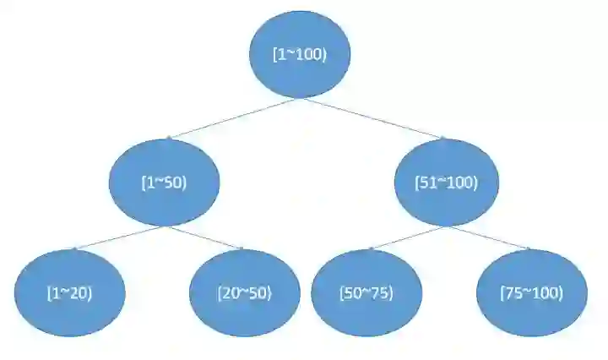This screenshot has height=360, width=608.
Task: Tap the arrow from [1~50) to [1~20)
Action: click(x=118, y=237)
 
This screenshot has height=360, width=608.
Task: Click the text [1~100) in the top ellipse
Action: click(x=299, y=54)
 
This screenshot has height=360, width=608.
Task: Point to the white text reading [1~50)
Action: click(x=165, y=183)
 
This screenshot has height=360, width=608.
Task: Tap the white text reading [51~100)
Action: click(x=447, y=183)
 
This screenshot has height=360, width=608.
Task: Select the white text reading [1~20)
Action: click(x=70, y=293)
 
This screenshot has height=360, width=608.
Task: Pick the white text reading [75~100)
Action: click(x=531, y=293)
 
